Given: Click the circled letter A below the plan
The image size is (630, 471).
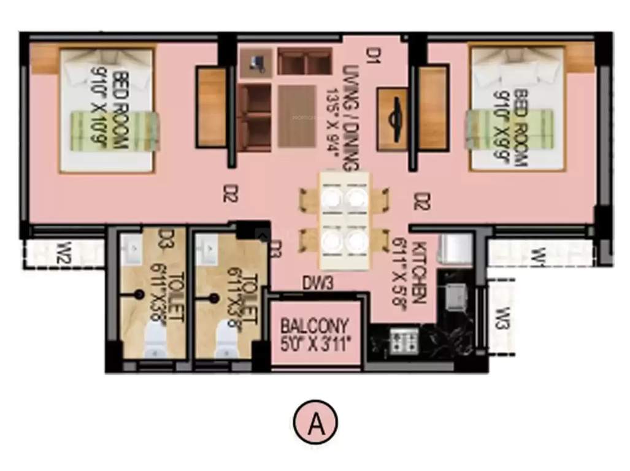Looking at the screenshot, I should [317, 423].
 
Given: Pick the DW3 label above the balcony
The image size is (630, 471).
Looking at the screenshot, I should [318, 283].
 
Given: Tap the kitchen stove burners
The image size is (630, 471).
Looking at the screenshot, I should [404, 340].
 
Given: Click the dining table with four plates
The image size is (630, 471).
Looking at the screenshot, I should [344, 220].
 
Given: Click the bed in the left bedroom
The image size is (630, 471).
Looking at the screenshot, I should [107, 110].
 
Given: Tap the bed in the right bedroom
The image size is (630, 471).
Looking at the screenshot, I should [516, 109].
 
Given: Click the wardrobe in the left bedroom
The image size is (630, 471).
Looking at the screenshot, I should [211, 107].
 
